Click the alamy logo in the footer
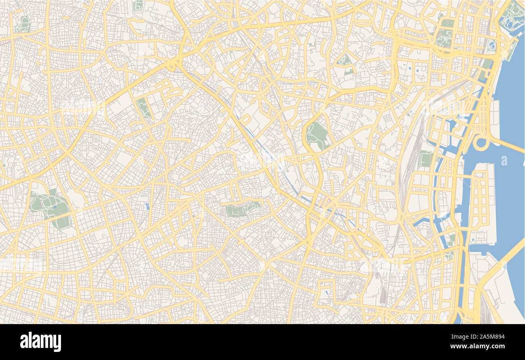pyautogui.click(x=40, y=342)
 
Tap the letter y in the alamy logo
pyautogui.click(x=57, y=343)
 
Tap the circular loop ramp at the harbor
pyautogui.click(x=481, y=142)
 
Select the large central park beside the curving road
pyautogui.click(x=317, y=135)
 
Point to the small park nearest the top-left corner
pyautogui.click(x=23, y=25)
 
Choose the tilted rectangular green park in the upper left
pyautogui.click(x=143, y=107)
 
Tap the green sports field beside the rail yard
pyautogui.click(x=425, y=159)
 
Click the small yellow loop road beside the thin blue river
pyautogui.click(x=246, y=120)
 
